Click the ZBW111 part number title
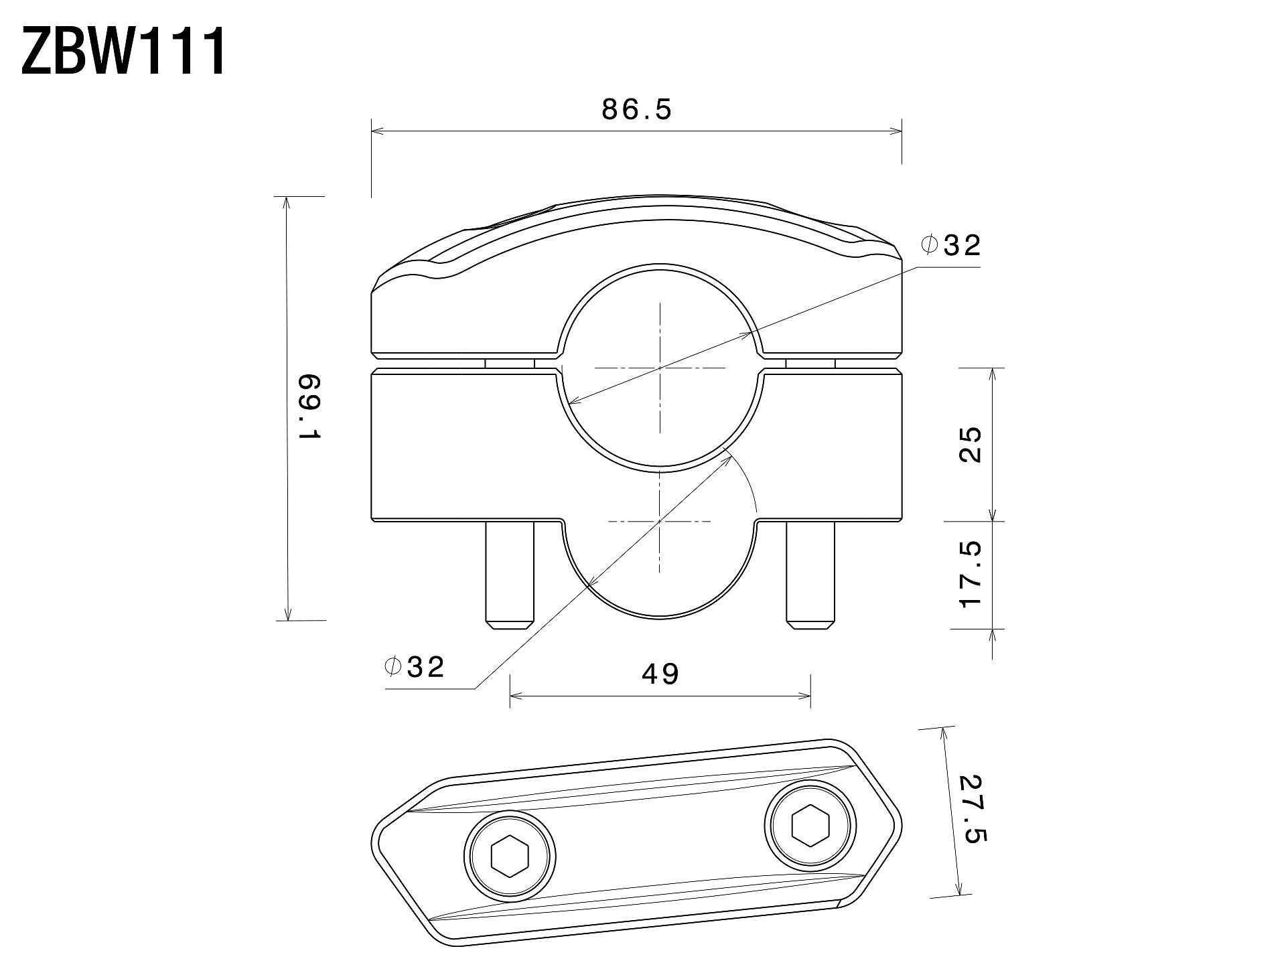[x=124, y=52]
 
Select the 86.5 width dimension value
[x=636, y=110]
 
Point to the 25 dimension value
[x=971, y=444]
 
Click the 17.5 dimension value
[x=971, y=575]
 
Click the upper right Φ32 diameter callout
[x=951, y=246]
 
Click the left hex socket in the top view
[x=510, y=856]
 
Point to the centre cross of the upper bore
[x=660, y=368]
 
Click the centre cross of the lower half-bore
[x=660, y=521]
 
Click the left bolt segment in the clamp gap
[x=510, y=363]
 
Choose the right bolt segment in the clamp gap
[x=810, y=363]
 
